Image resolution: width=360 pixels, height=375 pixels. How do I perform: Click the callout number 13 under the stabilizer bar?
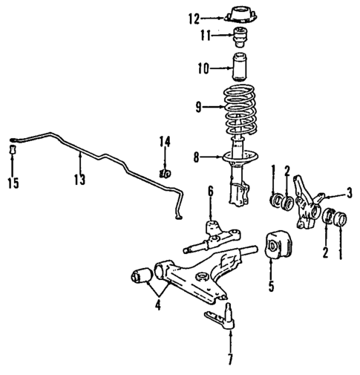pos(79,180)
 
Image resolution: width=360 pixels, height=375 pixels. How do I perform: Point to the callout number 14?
pos(164,141)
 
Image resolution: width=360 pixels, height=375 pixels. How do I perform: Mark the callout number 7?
pos(230,361)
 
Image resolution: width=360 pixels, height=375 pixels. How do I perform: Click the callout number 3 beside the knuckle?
pos(348,194)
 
